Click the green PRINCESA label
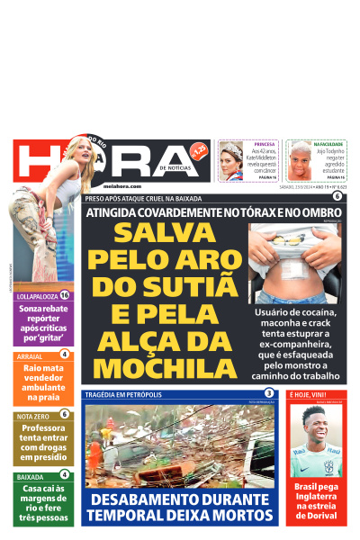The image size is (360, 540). tap(264, 144)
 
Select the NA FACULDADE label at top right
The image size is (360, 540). tap(328, 144)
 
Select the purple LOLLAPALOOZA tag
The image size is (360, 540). tap(37, 295)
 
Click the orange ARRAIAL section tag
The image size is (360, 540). tap(30, 356)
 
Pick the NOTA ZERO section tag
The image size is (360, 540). tap(33, 416)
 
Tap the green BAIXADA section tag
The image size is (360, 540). tap(30, 475)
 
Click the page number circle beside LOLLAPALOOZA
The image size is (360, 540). tap(65, 295)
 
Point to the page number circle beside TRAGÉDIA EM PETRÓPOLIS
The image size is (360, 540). tap(268, 394)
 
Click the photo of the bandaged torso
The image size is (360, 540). tap(295, 263)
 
